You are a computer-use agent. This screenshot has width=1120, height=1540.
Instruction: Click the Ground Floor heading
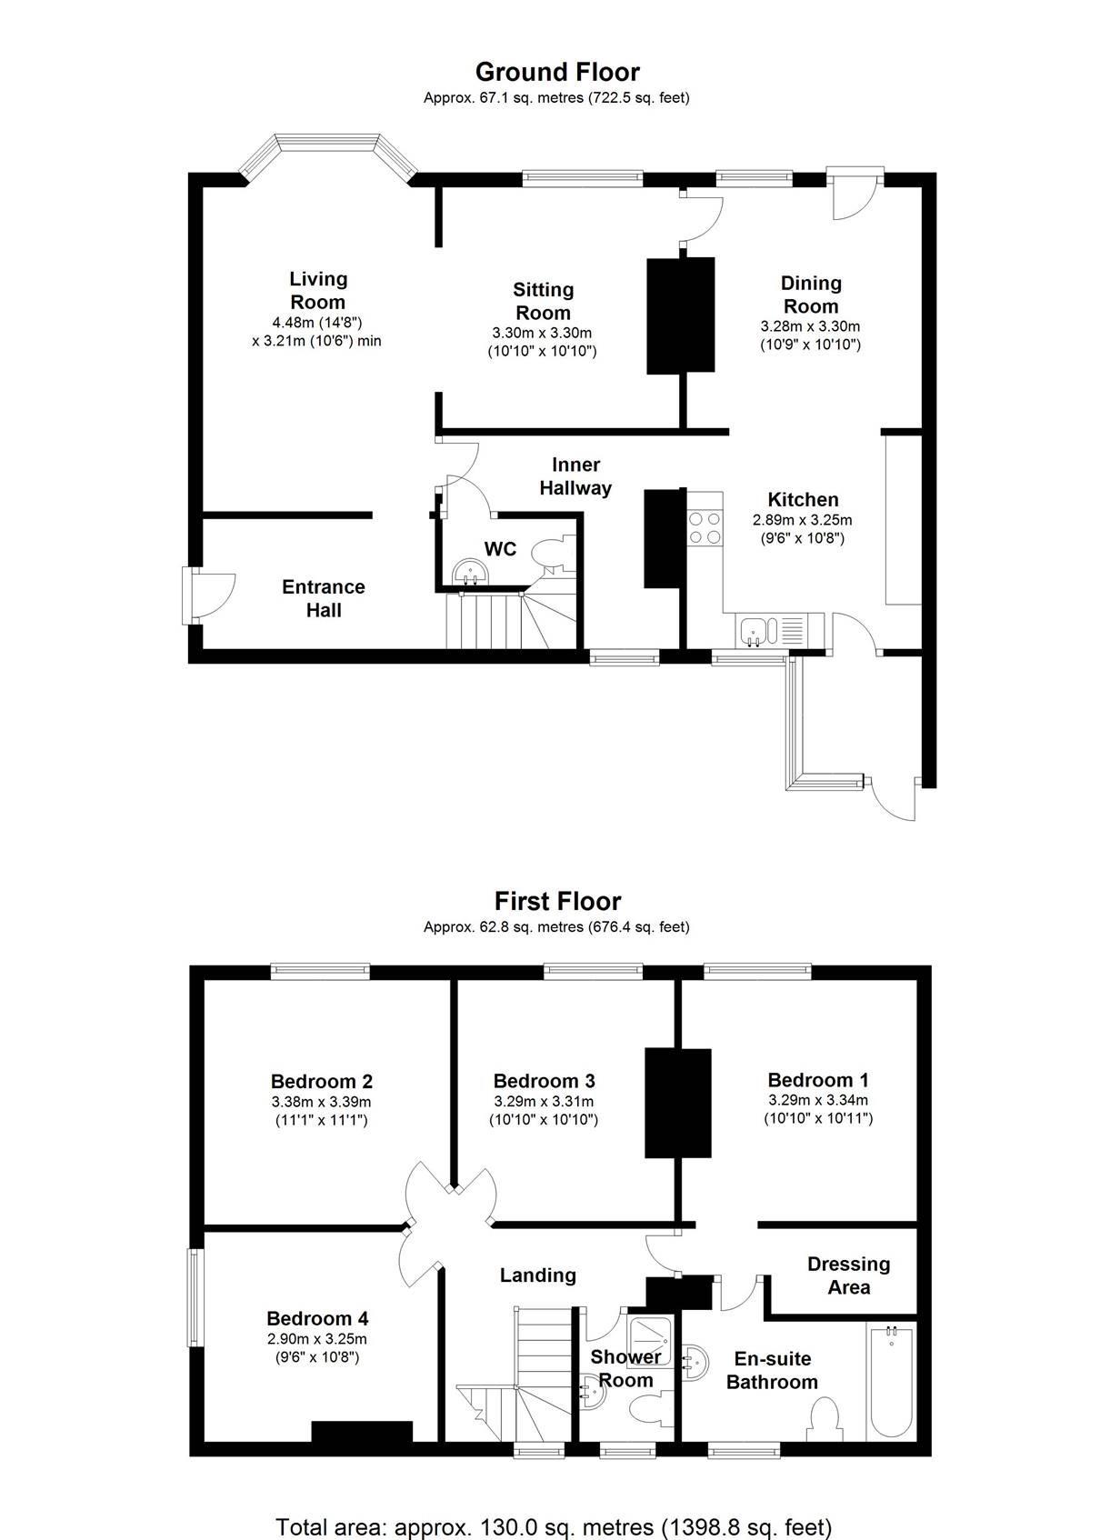(x=557, y=72)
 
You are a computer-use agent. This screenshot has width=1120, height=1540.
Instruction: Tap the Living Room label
(x=317, y=290)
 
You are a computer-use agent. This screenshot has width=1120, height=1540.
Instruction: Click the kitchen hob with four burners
(x=705, y=528)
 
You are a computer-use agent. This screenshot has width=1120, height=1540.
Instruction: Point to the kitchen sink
(x=754, y=629)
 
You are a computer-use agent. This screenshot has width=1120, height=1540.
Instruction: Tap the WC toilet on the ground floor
(x=551, y=553)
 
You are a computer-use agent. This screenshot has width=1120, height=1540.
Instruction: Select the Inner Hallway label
(x=575, y=476)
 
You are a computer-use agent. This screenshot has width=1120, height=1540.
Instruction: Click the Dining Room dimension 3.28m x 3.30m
(x=810, y=325)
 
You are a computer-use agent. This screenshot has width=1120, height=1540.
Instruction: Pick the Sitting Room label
(x=543, y=301)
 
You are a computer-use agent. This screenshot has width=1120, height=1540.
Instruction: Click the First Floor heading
(x=557, y=901)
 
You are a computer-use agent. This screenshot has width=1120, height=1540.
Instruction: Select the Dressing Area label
(x=848, y=1275)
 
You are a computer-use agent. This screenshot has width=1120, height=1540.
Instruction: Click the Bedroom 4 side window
(x=195, y=1296)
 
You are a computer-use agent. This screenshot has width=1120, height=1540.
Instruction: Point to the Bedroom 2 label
(x=321, y=1081)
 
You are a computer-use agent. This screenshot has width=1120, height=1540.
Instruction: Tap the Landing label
(x=537, y=1275)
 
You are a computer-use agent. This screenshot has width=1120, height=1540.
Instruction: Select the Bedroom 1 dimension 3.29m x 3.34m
(x=817, y=1099)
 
